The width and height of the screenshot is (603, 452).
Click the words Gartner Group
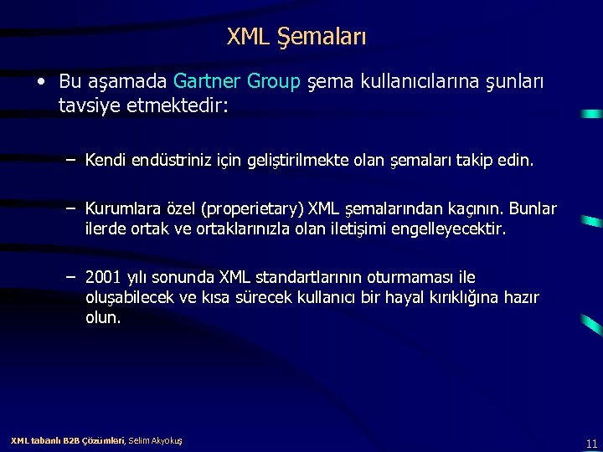tap(237, 81)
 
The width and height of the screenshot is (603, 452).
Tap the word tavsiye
tap(89, 106)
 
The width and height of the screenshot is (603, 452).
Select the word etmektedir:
tap(175, 106)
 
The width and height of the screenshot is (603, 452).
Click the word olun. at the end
tap(103, 318)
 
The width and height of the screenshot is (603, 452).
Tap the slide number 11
tap(591, 444)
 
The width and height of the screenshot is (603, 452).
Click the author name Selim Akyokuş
tap(156, 440)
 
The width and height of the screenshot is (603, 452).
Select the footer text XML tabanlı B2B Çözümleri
tap(67, 440)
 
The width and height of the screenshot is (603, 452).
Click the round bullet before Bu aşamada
tap(40, 82)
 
